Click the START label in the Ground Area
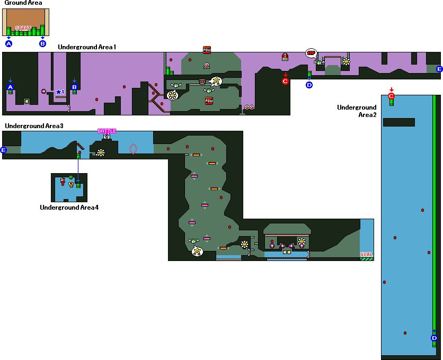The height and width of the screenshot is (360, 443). point(23,29)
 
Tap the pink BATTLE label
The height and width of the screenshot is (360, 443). point(107,131)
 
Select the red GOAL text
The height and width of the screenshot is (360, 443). point(367,254)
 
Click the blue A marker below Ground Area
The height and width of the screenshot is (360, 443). point(8,43)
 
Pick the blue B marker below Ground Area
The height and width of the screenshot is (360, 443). point(43,43)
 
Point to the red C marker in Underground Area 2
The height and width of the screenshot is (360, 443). point(392,96)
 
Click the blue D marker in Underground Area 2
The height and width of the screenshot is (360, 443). point(434,338)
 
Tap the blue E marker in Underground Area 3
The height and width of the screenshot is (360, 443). point(4,150)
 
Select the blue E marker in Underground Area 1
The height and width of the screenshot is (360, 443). point(439,69)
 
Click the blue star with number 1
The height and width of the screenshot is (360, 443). point(59,92)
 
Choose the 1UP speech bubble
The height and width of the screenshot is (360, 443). point(311,53)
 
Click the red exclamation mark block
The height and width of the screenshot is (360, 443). point(285,57)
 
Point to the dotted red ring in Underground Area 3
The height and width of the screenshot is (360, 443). point(133,148)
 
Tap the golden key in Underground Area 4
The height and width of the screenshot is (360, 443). point(70,185)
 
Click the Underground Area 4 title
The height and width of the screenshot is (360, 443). point(69,207)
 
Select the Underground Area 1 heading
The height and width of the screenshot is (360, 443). point(87,47)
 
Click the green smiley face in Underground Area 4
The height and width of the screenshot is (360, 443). point(70,177)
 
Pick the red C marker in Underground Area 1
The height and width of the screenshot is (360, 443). point(285,81)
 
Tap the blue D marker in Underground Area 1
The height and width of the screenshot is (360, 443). point(309,84)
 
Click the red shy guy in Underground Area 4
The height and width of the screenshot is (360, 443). point(63,182)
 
